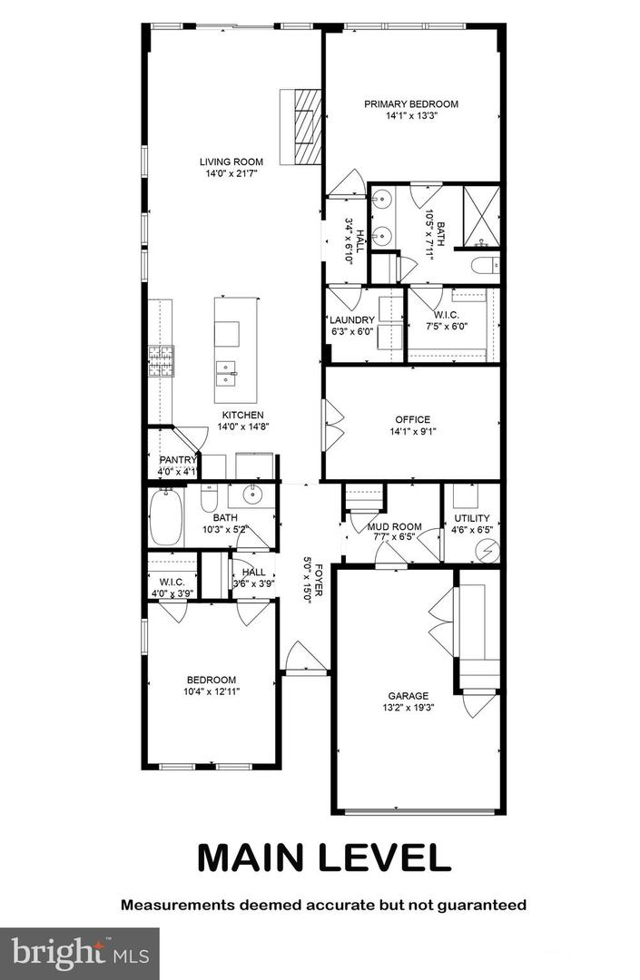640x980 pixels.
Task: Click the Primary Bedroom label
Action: point(411,104)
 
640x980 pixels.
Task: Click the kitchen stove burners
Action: point(162,362)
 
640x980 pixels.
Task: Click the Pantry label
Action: point(177,460)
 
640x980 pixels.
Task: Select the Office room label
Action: point(412,420)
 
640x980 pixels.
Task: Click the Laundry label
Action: point(352,320)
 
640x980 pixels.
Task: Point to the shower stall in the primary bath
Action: point(481,216)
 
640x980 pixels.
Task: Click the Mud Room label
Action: point(394,525)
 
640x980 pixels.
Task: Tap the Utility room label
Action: point(471,519)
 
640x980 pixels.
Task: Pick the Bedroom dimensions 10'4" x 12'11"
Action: point(212,691)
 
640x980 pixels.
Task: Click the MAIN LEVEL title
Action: point(323,857)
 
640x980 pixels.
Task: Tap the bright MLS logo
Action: point(79,953)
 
